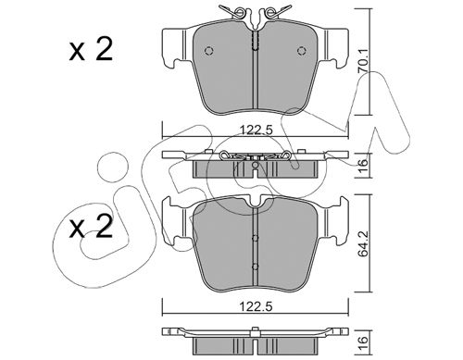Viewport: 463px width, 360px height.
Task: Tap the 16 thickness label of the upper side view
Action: click(x=363, y=163)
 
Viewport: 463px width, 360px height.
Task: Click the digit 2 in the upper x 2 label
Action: click(x=104, y=49)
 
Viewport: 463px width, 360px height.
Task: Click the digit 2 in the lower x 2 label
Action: click(x=104, y=227)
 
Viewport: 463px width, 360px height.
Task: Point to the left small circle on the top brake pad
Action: click(x=209, y=51)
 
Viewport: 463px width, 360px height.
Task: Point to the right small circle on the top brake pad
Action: click(x=302, y=51)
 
